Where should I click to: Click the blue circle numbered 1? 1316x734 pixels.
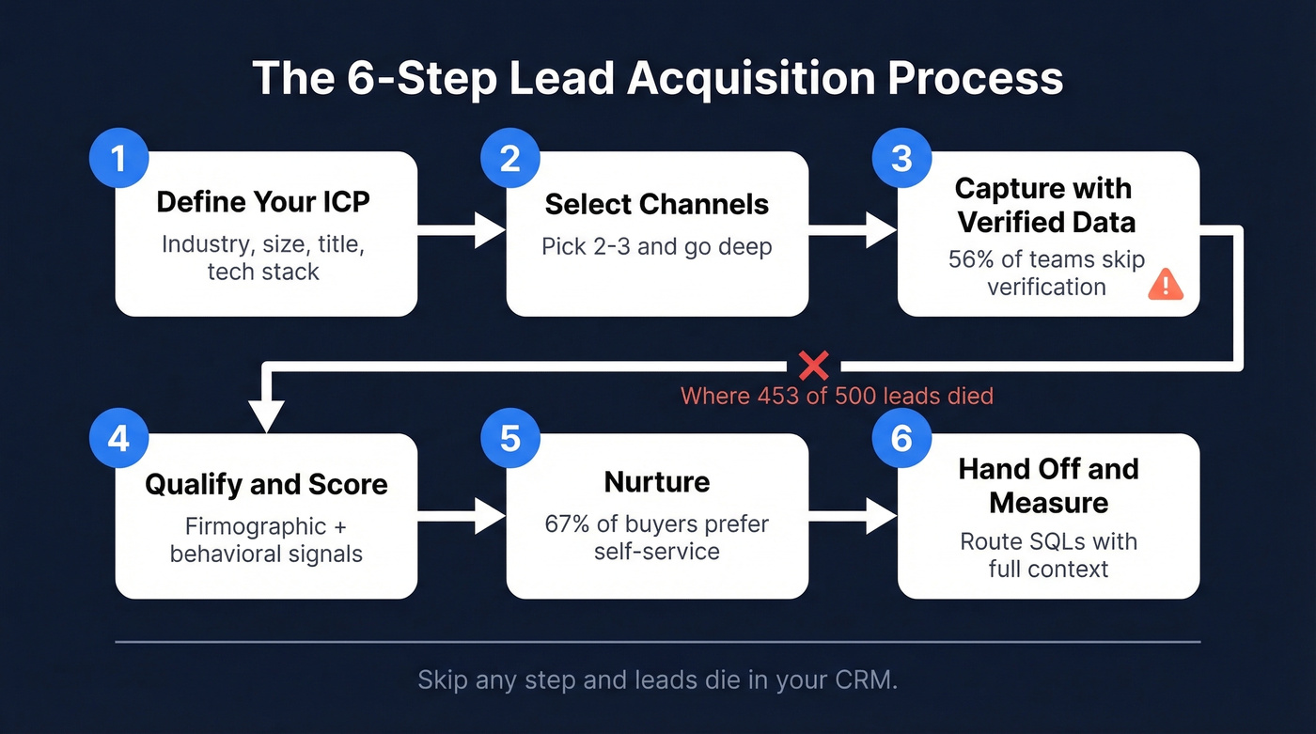click(117, 158)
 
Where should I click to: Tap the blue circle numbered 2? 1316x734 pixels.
click(509, 158)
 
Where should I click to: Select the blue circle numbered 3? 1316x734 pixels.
click(901, 158)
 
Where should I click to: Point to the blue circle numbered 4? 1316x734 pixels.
click(117, 439)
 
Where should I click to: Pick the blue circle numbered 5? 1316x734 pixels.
click(509, 439)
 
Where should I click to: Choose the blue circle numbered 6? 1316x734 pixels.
click(901, 439)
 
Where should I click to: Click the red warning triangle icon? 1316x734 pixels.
click(1167, 284)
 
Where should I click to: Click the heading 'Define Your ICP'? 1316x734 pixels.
click(263, 202)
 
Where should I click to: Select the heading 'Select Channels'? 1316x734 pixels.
click(656, 204)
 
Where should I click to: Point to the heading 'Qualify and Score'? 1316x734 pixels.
click(266, 485)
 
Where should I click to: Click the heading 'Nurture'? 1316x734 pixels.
click(656, 482)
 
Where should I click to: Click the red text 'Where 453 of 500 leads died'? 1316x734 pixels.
click(837, 396)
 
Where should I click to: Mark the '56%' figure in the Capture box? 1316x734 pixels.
click(970, 259)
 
